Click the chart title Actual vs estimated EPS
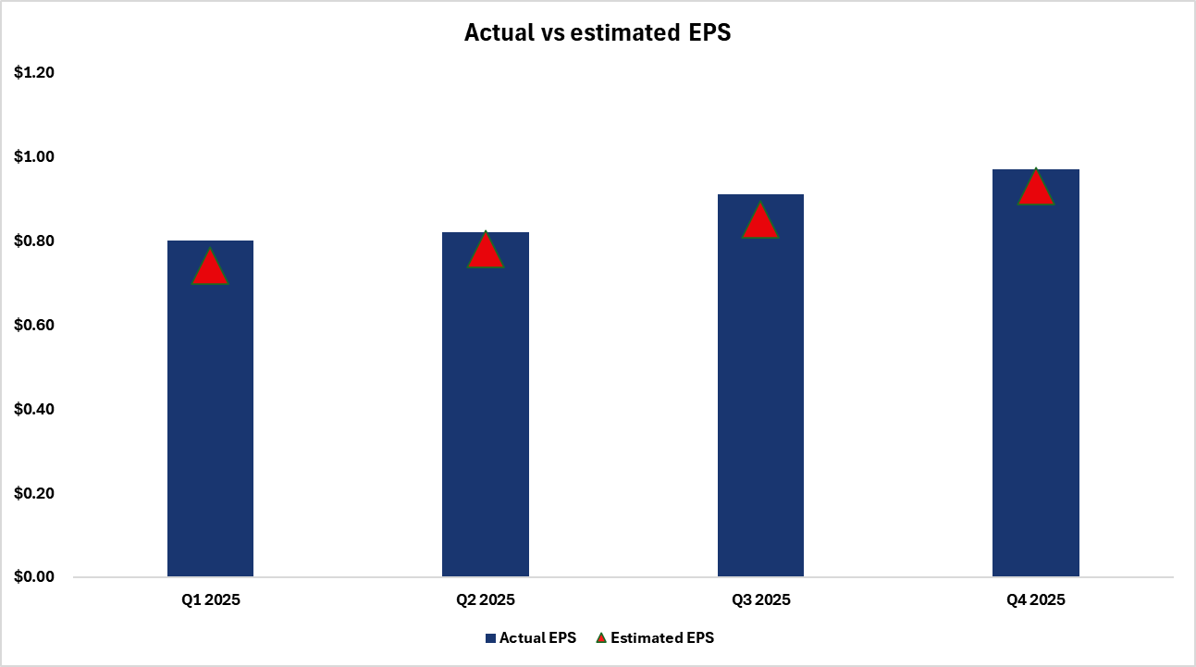[598, 32]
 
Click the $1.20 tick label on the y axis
[34, 73]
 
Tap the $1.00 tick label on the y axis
[34, 157]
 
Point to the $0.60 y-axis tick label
[34, 326]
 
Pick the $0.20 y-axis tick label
[34, 493]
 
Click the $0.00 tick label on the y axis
[34, 577]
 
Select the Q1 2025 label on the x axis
[210, 599]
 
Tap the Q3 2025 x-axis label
[760, 599]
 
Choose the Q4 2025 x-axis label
[1035, 599]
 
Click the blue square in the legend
[490, 638]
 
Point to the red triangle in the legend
[600, 638]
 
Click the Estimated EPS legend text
[662, 638]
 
